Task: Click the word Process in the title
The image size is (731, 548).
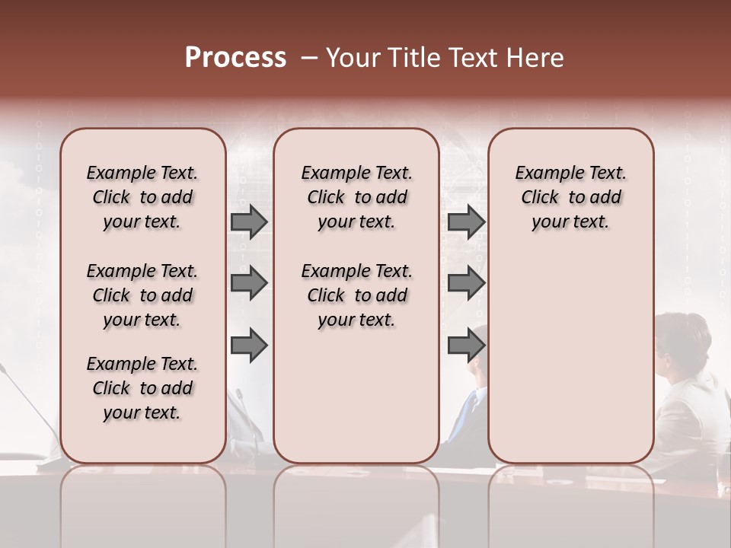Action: (235, 58)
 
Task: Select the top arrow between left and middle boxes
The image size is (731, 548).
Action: (249, 221)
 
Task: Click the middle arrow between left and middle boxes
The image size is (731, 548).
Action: (249, 284)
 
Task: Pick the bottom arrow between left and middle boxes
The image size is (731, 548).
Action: (249, 346)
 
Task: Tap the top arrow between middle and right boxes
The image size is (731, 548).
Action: (466, 221)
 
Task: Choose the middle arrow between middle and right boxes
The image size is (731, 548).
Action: (466, 284)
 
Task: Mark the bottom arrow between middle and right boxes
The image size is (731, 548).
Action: (466, 346)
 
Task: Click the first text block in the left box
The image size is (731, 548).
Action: (142, 197)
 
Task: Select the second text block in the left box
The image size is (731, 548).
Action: (142, 295)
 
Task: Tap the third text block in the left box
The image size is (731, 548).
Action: (142, 388)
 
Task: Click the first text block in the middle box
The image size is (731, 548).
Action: (356, 197)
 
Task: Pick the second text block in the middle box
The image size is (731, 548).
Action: (356, 295)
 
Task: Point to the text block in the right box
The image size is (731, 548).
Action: (570, 197)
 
